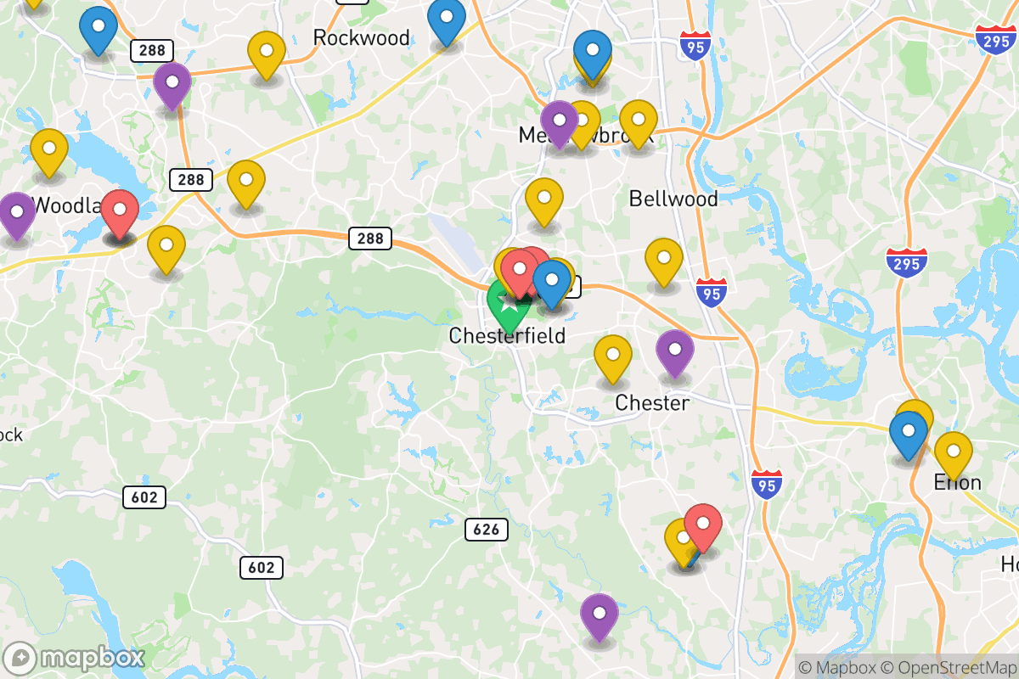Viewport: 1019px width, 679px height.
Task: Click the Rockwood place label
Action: tap(361, 37)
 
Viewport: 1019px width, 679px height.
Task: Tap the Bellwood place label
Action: tap(673, 199)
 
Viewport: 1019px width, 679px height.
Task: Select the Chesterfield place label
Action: tap(507, 336)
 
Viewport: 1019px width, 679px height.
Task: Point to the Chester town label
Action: tap(652, 402)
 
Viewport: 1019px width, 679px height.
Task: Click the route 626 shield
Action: tap(487, 530)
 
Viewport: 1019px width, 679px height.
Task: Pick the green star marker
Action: tap(508, 307)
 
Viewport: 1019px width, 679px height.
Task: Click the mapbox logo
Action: tap(75, 658)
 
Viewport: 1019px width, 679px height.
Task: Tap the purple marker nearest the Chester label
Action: tap(675, 351)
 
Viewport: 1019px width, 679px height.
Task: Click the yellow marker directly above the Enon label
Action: tap(953, 452)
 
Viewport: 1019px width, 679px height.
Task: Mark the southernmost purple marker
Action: tap(600, 614)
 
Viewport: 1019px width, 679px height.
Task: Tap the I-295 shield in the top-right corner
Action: tap(995, 39)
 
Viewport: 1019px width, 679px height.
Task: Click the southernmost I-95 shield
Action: tap(767, 485)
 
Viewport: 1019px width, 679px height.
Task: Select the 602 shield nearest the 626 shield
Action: tap(261, 567)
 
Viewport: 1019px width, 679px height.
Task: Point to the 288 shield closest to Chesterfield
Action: tap(370, 238)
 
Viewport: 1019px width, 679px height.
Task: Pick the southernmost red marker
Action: tap(703, 525)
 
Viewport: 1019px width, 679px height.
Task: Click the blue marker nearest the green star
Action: tap(552, 282)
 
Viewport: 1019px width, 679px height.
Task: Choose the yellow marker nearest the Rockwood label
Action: tap(267, 53)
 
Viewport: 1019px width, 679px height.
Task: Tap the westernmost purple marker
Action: tap(17, 213)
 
